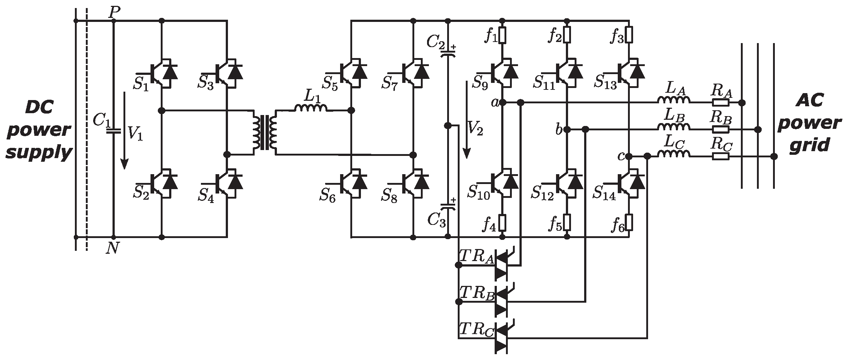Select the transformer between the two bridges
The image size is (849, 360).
pyautogui.click(x=265, y=132)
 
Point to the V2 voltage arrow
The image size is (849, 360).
pyautogui.click(x=467, y=120)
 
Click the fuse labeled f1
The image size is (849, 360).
pyautogui.click(x=502, y=36)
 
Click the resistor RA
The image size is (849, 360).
pyautogui.click(x=720, y=102)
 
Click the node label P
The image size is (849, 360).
pyautogui.click(x=114, y=12)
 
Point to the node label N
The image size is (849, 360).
pyautogui.click(x=113, y=248)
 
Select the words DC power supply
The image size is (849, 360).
pyautogui.click(x=38, y=130)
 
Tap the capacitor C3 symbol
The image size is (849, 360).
pyautogui.click(x=447, y=207)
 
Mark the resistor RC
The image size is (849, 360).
pyautogui.click(x=720, y=156)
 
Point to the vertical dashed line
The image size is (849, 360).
pyautogui.click(x=87, y=131)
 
